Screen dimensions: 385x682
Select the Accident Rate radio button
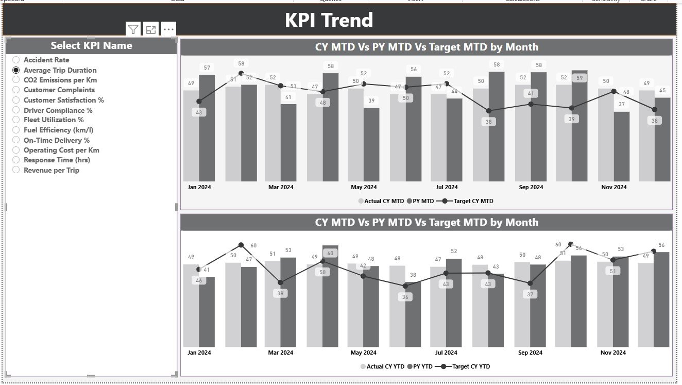coord(16,60)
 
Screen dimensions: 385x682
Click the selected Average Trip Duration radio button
coord(16,70)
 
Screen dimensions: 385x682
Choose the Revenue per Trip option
coord(16,170)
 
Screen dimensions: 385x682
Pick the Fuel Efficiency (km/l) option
coord(16,130)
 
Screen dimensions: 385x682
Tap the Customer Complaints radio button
coord(16,90)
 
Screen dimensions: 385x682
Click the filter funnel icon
coord(133,29)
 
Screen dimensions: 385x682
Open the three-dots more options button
coord(168,29)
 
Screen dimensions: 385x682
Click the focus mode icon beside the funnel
coord(151,29)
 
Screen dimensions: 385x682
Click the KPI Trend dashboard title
coord(329,20)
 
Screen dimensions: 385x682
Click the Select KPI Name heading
coord(91,46)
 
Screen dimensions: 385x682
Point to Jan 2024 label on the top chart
coord(199,187)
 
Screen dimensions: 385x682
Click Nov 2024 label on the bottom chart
coord(613,353)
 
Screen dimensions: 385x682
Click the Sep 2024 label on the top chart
coord(531,187)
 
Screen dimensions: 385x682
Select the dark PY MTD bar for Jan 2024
coord(207,129)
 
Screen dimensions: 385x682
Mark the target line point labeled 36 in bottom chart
coord(405,286)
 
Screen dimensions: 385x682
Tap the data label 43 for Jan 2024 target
coord(199,112)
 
